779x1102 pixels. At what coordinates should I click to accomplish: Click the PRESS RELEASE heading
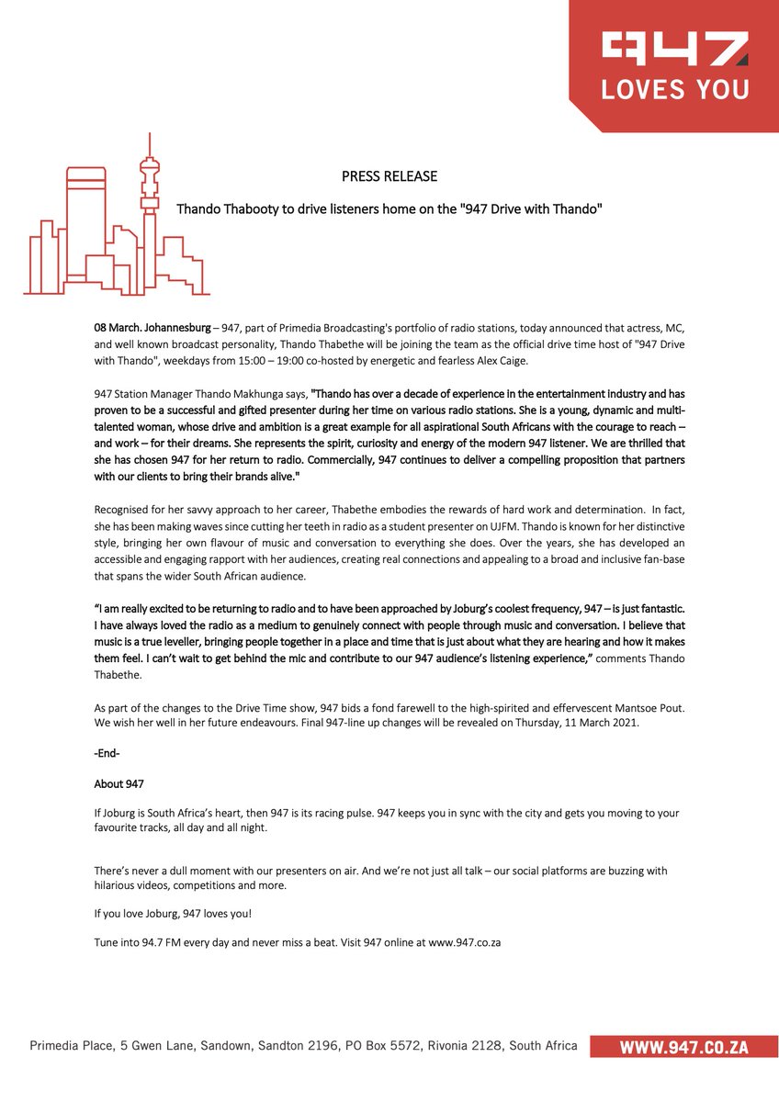click(x=389, y=176)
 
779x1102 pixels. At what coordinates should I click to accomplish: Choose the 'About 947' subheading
click(x=119, y=783)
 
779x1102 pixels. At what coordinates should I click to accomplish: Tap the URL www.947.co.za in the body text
click(x=464, y=943)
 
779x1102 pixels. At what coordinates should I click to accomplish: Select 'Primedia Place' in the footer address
click(x=70, y=1046)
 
